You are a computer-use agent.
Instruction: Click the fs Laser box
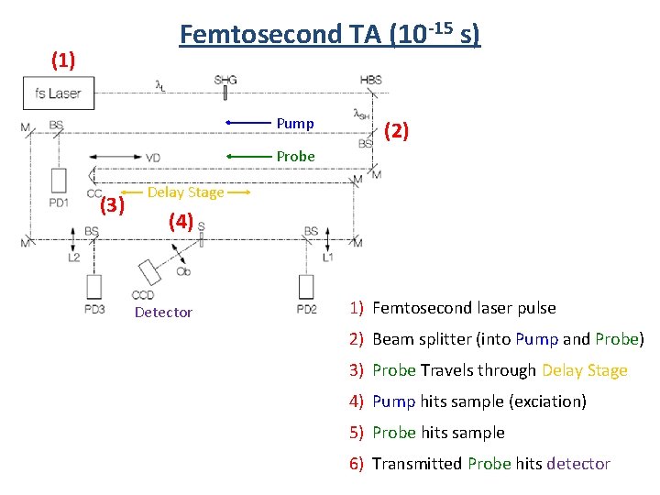click(x=58, y=93)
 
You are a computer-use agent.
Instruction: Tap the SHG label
click(x=225, y=80)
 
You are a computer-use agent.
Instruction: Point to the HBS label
click(x=370, y=80)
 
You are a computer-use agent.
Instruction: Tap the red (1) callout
click(x=62, y=60)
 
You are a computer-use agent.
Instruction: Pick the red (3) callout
click(x=112, y=204)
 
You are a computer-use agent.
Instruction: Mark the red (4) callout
click(x=181, y=221)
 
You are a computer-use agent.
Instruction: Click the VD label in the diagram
click(x=153, y=158)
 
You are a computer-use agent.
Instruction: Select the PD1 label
click(x=59, y=202)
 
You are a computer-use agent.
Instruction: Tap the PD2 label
click(x=306, y=309)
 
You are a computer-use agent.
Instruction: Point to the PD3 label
click(x=94, y=309)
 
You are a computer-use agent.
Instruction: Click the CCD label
click(x=143, y=295)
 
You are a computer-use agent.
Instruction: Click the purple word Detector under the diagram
click(x=163, y=313)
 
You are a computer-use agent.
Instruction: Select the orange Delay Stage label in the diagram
click(x=185, y=192)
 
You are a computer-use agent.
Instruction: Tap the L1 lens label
click(x=328, y=258)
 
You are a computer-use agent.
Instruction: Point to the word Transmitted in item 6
click(x=417, y=464)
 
